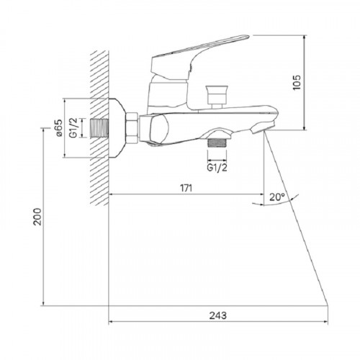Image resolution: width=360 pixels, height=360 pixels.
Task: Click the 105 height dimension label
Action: (x=297, y=83)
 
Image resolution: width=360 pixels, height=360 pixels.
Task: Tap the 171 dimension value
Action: (x=186, y=188)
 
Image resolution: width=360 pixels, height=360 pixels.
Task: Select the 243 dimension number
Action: (x=218, y=315)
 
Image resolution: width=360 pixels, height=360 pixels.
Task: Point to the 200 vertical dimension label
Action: (x=37, y=217)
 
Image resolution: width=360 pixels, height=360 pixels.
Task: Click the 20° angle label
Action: (x=277, y=197)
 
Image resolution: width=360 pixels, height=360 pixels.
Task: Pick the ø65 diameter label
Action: (x=59, y=127)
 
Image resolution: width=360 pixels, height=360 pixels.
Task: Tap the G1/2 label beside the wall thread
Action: (x=73, y=128)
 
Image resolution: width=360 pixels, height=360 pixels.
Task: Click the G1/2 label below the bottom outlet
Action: (x=217, y=168)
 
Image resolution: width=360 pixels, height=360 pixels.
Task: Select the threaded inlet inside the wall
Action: (x=99, y=128)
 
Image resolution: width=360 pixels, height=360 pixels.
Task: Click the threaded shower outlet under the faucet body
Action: (x=217, y=143)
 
